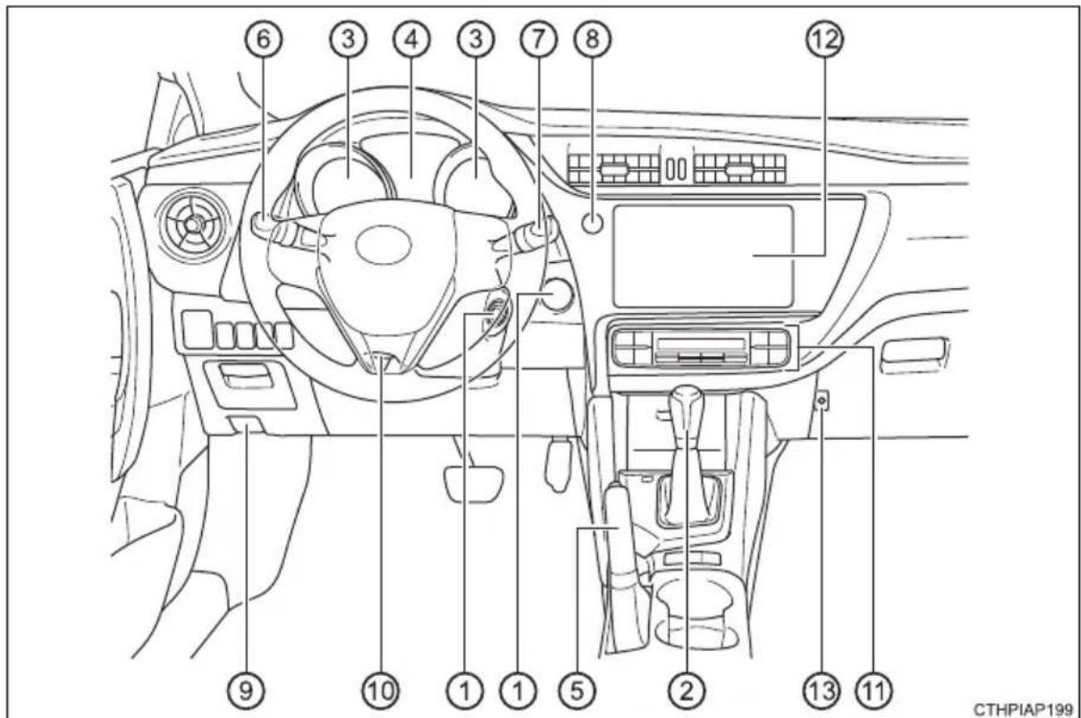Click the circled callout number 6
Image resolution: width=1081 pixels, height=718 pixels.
pyautogui.click(x=264, y=39)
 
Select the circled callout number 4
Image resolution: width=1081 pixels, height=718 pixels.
pyautogui.click(x=411, y=39)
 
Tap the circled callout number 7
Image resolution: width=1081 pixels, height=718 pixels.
pyautogui.click(x=538, y=39)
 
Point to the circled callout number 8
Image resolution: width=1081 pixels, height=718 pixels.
pyautogui.click(x=592, y=39)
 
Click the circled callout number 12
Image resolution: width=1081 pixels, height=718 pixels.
pyautogui.click(x=824, y=39)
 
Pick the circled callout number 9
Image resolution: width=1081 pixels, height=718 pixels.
pyautogui.click(x=246, y=691)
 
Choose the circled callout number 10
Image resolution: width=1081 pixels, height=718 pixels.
pyautogui.click(x=381, y=691)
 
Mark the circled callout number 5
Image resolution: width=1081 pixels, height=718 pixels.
pyautogui.click(x=578, y=691)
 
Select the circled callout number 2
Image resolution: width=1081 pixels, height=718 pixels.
pyautogui.click(x=686, y=691)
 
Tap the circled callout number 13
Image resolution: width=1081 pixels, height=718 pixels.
pyautogui.click(x=822, y=691)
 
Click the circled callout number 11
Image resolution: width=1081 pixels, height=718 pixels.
pyautogui.click(x=874, y=691)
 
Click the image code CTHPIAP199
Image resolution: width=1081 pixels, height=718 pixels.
pyautogui.click(x=1023, y=709)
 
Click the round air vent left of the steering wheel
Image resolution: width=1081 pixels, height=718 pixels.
pyautogui.click(x=193, y=224)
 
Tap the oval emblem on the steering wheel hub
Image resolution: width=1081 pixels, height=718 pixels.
pyautogui.click(x=384, y=245)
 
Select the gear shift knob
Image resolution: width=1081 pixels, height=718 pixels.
pyautogui.click(x=686, y=404)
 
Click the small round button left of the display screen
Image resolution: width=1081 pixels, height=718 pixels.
pyautogui.click(x=592, y=224)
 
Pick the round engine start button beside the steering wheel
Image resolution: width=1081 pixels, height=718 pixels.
pyautogui.click(x=556, y=294)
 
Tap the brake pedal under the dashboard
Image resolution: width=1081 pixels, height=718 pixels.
pyautogui.click(x=473, y=484)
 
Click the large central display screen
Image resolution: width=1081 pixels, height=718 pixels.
pyautogui.click(x=704, y=257)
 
